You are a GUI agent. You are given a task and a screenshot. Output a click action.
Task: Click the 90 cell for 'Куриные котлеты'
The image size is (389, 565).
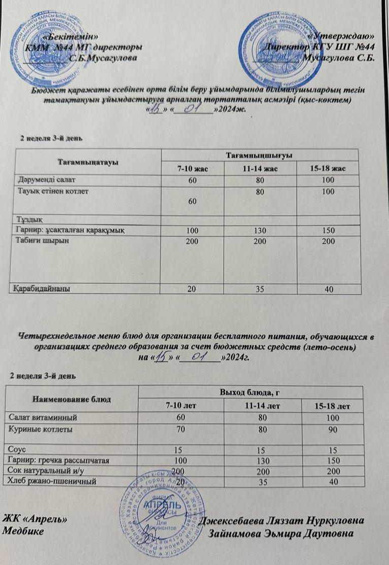pos(333,429)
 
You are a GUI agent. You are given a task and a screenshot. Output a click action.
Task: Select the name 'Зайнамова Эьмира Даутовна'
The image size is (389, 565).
pos(287,534)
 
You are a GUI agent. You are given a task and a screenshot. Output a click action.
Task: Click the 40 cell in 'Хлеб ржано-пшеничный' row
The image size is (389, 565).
pos(333,481)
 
